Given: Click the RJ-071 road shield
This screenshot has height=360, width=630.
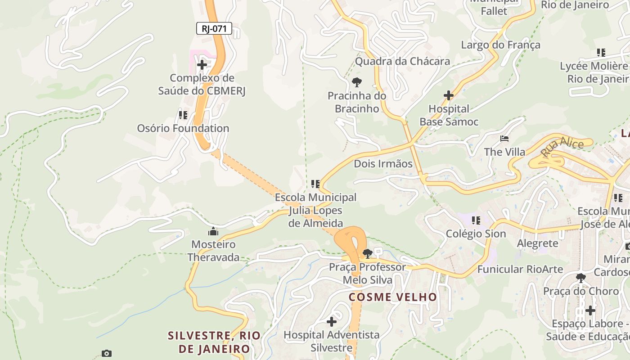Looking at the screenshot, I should click(x=214, y=29).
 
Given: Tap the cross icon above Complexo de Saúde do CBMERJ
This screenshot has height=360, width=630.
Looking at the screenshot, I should click(x=202, y=65).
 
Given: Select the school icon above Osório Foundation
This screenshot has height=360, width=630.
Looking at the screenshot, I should click(x=183, y=115).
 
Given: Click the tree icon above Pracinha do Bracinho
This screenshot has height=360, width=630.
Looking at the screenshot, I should click(x=356, y=82).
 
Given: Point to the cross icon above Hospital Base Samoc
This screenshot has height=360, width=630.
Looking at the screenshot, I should click(x=448, y=95).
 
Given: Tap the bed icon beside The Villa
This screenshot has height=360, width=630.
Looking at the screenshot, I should click(x=504, y=138).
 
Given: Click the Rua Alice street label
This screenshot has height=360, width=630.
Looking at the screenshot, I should click(x=562, y=148).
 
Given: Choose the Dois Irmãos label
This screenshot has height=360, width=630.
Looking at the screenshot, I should click(x=383, y=163).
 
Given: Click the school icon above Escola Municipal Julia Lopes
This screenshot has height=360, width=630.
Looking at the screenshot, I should click(x=315, y=184).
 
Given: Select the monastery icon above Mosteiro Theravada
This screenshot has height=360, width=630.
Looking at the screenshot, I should click(x=213, y=232).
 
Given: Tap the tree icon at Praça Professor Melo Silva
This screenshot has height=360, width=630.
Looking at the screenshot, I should click(x=367, y=253).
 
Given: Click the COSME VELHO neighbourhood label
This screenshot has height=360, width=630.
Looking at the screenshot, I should click(x=393, y=297).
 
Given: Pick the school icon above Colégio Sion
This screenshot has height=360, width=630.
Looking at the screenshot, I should click(x=476, y=220).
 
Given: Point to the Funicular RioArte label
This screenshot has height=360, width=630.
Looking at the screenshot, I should click(x=520, y=269).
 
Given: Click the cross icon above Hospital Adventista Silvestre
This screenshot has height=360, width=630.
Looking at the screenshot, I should click(x=332, y=322).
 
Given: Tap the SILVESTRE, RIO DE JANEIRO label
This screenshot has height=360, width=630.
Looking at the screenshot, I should click(x=214, y=342).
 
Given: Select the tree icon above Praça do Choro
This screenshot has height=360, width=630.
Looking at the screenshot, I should click(x=580, y=278).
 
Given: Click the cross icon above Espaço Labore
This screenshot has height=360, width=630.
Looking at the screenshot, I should click(x=590, y=310).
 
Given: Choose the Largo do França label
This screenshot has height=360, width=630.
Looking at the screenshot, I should click(x=500, y=45).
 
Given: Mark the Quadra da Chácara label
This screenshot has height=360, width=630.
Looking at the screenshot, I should click(x=402, y=61).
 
